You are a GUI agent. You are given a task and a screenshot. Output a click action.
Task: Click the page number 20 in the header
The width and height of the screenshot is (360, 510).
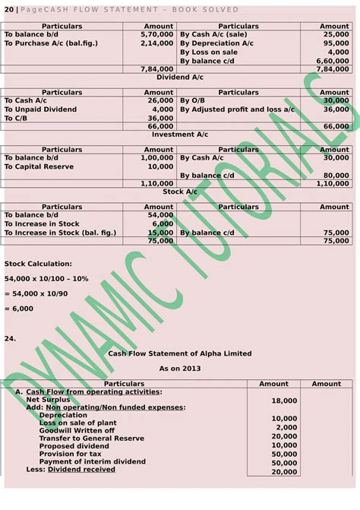(8, 9)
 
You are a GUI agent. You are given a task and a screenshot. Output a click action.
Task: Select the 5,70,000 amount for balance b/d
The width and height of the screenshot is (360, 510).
(158, 35)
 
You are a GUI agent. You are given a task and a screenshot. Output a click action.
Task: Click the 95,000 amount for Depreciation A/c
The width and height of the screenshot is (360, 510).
(335, 43)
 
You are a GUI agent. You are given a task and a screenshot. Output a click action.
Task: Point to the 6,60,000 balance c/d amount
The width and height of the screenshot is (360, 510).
(332, 60)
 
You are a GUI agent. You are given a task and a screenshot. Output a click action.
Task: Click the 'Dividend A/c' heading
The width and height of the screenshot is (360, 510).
(180, 78)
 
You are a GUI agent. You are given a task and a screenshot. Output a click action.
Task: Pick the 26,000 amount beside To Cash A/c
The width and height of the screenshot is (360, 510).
(160, 100)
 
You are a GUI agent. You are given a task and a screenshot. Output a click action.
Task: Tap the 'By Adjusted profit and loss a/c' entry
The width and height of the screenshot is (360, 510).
(236, 109)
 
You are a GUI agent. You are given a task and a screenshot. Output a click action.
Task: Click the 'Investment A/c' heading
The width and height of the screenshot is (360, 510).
(180, 135)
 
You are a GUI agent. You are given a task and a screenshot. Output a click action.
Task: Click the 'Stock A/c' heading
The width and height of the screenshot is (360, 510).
(180, 192)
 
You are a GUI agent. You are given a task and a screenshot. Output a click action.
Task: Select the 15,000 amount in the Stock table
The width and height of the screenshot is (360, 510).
(160, 232)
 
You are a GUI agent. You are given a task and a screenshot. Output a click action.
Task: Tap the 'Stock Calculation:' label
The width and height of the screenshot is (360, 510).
(39, 264)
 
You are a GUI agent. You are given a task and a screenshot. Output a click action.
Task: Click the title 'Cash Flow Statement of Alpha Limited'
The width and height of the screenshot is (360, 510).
(179, 353)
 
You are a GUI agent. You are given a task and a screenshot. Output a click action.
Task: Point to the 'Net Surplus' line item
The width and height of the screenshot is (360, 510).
(48, 399)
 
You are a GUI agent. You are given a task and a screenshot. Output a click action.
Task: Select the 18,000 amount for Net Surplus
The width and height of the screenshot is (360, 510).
(284, 400)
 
